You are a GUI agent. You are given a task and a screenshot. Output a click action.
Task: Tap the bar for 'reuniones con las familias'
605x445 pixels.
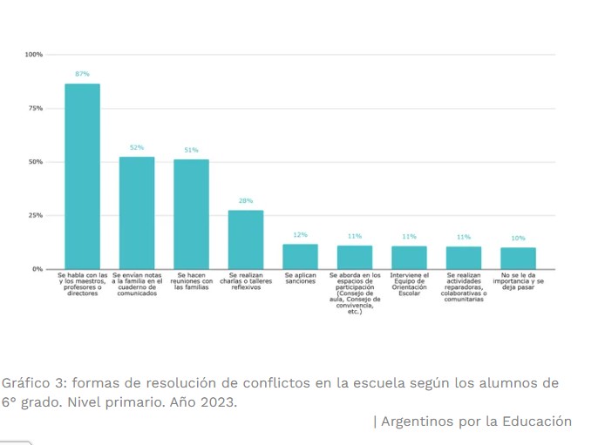(191, 214)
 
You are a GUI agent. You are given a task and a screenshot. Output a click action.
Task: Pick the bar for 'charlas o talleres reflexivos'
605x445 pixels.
(246, 239)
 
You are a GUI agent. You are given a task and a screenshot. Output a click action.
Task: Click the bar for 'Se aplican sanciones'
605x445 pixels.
(300, 256)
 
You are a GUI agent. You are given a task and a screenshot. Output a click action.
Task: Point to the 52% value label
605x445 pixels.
(137, 148)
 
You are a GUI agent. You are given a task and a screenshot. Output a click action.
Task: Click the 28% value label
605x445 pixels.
(246, 200)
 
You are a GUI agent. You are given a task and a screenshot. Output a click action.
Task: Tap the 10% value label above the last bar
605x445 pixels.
(518, 238)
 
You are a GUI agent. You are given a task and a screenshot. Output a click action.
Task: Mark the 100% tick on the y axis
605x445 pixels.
(33, 55)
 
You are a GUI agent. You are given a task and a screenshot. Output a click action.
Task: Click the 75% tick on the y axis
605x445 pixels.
(35, 108)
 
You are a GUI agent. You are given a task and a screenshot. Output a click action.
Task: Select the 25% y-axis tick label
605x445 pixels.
(35, 215)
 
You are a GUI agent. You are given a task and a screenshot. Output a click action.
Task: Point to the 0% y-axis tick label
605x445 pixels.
(37, 269)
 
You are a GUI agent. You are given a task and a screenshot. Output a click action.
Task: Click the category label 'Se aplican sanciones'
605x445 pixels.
(300, 279)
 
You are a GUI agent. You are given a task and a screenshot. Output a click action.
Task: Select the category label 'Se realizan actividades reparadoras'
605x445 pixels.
(464, 285)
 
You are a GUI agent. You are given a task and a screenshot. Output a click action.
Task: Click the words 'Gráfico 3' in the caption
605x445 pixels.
(31, 384)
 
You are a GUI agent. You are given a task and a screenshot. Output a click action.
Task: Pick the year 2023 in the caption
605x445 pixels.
(218, 402)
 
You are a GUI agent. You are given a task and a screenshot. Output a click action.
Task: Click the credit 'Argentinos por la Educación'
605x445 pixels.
(476, 421)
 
